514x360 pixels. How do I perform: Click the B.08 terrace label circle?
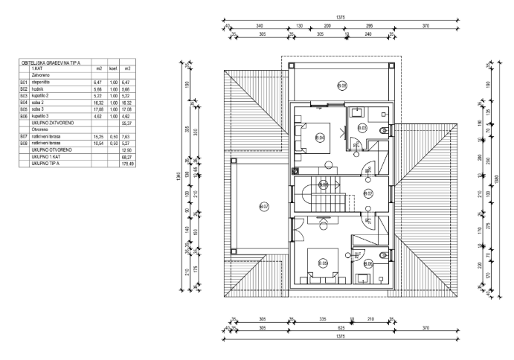pos(341,86)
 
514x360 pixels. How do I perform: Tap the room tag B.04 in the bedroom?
pos(320,138)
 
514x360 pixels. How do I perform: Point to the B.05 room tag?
pos(323,263)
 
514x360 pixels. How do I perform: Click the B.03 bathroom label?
pos(364,129)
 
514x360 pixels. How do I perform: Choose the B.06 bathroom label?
pos(368,263)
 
